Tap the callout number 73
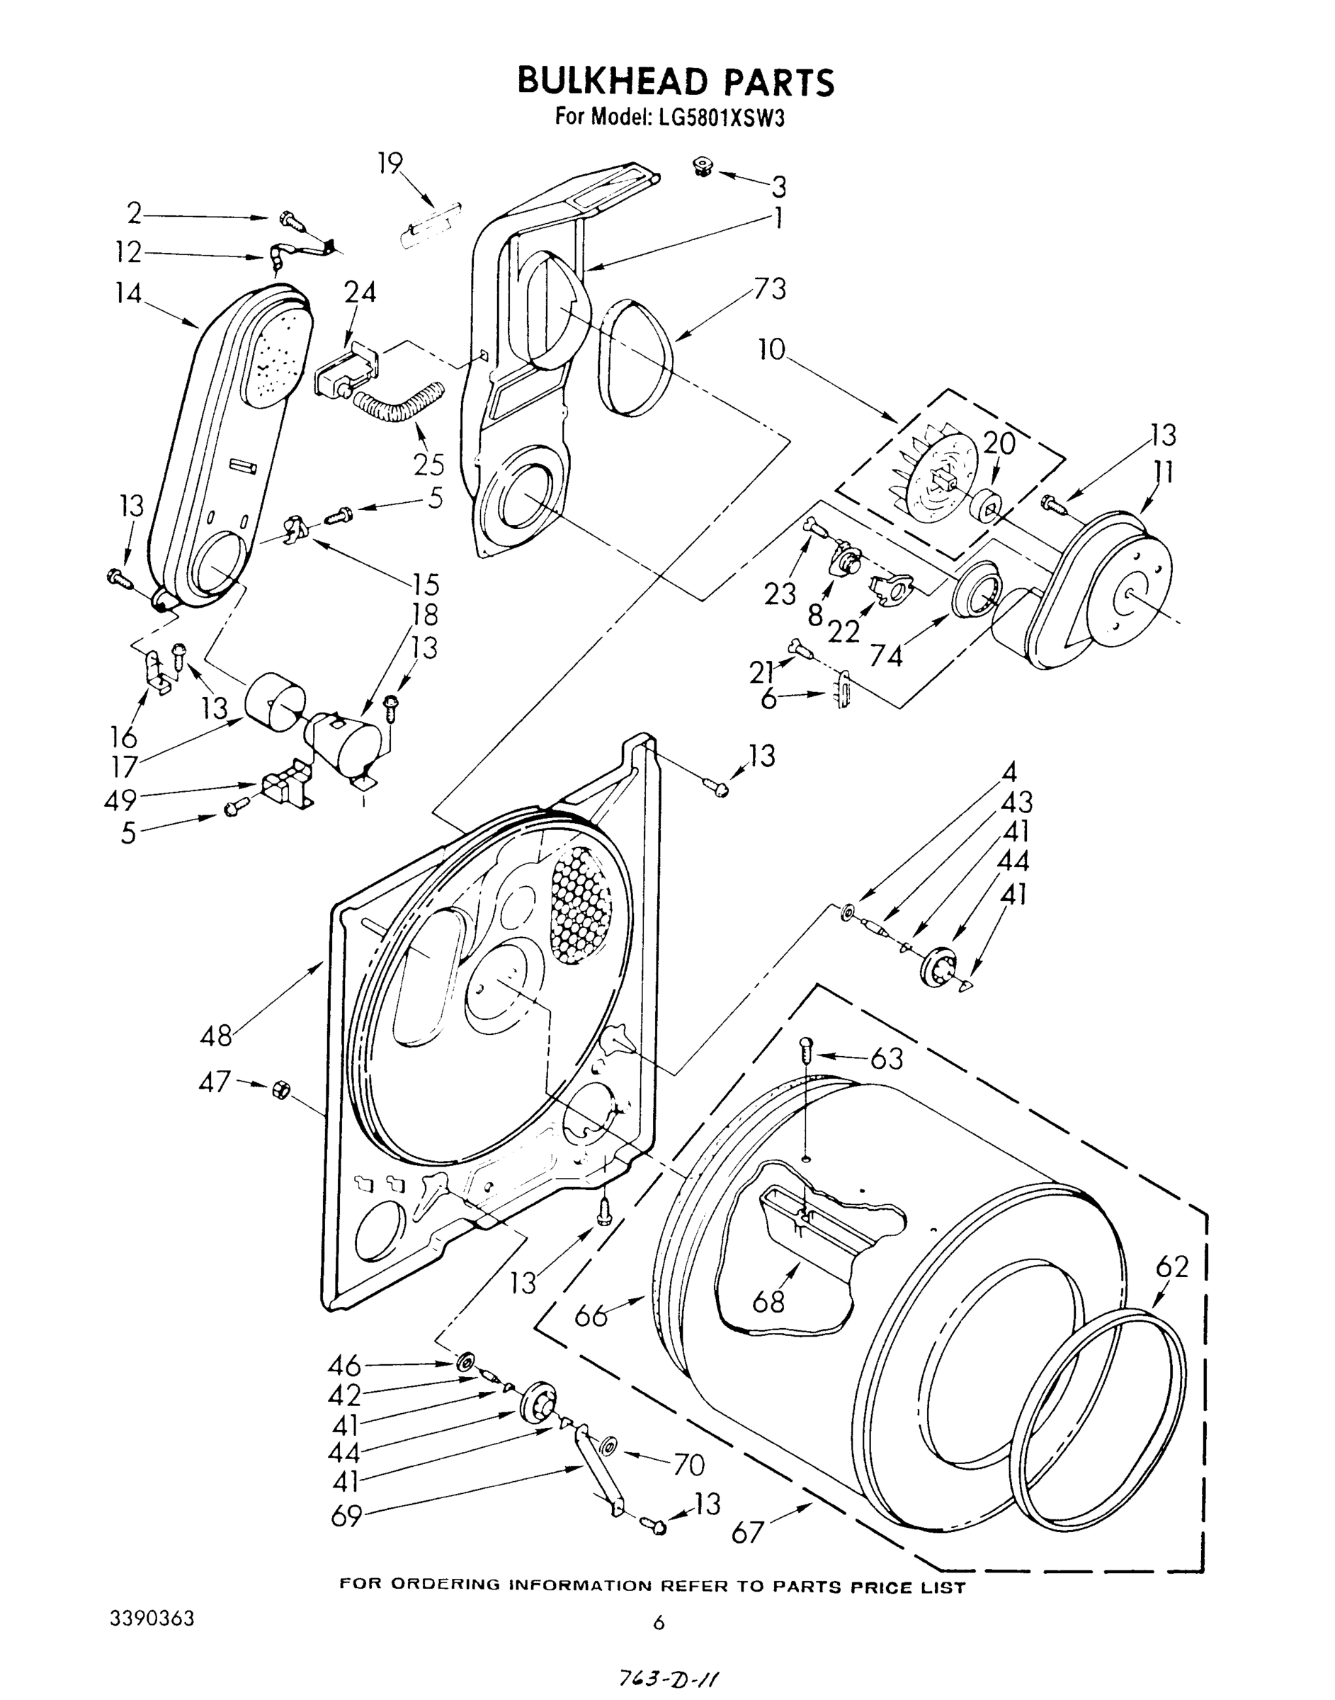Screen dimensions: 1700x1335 point(769,288)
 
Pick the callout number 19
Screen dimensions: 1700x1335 point(390,164)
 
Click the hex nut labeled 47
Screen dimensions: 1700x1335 point(279,1089)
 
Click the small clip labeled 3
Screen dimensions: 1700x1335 point(702,166)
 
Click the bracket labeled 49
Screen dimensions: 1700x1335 point(285,788)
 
